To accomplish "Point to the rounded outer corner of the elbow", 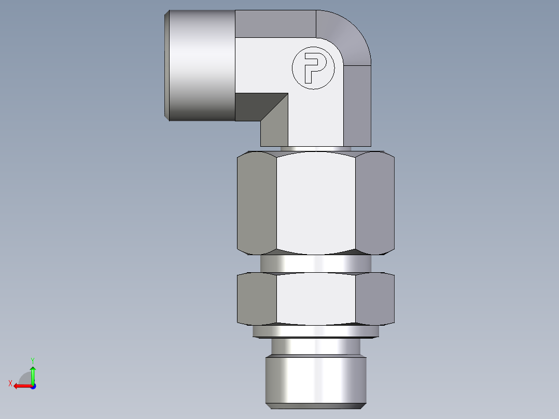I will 347,34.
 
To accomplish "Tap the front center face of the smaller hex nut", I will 316,299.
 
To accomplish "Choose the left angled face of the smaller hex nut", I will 257,299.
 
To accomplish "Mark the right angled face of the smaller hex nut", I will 375,299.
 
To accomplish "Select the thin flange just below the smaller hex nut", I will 316,331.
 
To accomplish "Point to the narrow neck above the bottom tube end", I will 316,346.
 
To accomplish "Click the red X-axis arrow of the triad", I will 21,386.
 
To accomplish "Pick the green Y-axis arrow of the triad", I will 33,373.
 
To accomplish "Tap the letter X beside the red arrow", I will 10,383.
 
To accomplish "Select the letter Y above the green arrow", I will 33,360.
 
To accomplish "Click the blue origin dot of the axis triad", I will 33,386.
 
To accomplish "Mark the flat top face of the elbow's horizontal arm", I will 275,24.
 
